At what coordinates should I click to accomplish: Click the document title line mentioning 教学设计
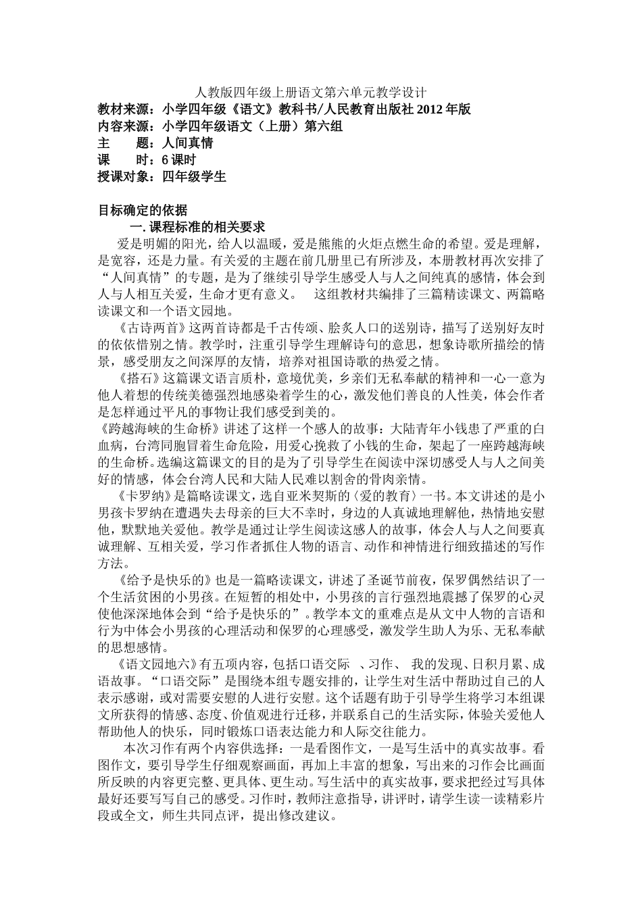(320, 92)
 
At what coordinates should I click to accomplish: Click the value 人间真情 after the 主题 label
(187, 143)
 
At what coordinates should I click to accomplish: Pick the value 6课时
(178, 160)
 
